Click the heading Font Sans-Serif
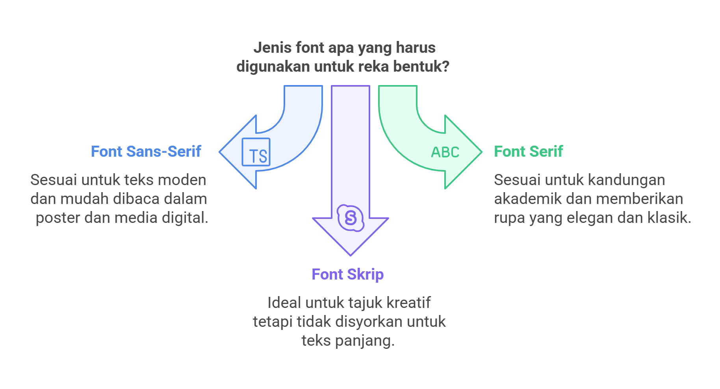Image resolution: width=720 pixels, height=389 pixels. [146, 152]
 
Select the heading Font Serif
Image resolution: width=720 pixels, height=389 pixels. [529, 152]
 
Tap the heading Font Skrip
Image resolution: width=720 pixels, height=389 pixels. [348, 274]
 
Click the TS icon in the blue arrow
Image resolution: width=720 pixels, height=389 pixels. [256, 152]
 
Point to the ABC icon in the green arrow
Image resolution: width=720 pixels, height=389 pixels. [445, 152]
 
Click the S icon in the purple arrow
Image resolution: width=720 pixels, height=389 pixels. [351, 218]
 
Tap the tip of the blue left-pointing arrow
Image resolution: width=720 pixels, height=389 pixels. [219, 152]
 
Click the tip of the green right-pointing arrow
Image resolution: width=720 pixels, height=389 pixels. [482, 152]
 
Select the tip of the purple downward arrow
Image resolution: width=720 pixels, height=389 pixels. [351, 256]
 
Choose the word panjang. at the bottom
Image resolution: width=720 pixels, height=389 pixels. [365, 341]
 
